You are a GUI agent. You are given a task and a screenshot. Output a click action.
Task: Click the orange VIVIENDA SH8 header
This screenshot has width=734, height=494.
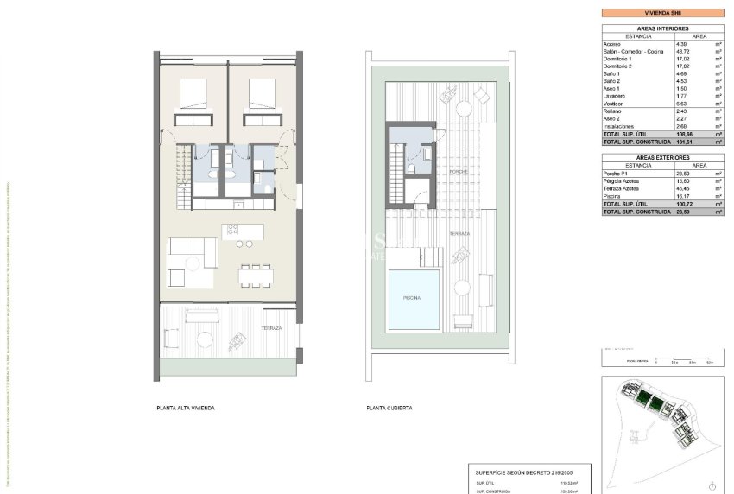[x=662, y=13]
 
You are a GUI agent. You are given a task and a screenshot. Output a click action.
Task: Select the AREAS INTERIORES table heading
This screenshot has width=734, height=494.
[x=662, y=28]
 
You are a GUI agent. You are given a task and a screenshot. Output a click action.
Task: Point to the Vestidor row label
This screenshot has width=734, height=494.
[x=615, y=104]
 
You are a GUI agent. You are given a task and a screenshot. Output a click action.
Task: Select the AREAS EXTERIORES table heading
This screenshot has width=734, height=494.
[x=662, y=158]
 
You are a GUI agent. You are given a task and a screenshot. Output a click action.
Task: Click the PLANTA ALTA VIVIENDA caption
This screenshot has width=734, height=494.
[x=185, y=407]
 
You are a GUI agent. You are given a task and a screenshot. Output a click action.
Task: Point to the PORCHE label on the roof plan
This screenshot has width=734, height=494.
[x=458, y=172]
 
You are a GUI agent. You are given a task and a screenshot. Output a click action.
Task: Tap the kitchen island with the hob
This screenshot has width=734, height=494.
[x=242, y=231]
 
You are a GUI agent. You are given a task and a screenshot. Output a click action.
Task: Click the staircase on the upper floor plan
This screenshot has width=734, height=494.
[x=184, y=178]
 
